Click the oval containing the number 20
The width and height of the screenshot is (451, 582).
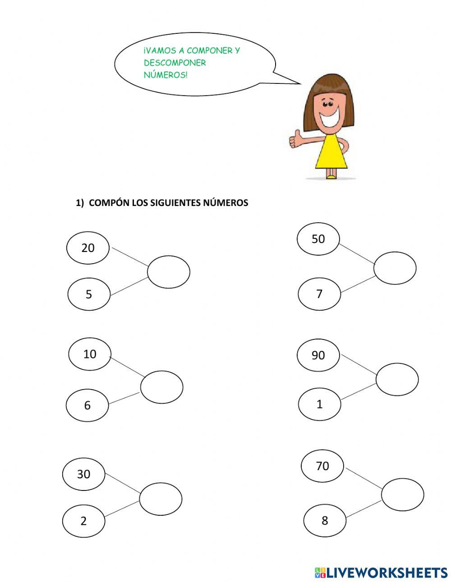pos(88,247)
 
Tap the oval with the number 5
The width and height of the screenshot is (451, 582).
pos(89,294)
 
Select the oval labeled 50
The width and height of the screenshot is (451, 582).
pos(318,239)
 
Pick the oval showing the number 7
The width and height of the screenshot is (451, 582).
pos(319,294)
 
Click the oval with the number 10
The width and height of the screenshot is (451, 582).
pos(90,354)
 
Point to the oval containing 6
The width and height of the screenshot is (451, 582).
pos(87,405)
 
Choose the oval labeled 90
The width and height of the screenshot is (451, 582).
pos(318,355)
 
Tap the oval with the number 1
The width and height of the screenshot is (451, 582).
pos(319,404)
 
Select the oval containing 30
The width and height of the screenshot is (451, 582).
pos(84,474)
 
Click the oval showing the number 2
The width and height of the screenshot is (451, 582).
pos(83,521)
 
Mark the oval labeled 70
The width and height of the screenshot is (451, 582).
pos(322,466)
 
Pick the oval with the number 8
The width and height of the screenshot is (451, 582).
pos(325,521)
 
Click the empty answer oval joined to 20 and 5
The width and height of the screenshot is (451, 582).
pos(169,271)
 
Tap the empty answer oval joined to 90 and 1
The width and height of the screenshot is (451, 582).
pos(397,379)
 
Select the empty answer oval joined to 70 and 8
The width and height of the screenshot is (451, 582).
pos(402,495)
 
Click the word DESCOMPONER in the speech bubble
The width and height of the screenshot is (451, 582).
pos(175,63)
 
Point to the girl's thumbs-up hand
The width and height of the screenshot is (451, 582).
pos(295,139)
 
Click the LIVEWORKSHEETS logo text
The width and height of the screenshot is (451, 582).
pos(386,573)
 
